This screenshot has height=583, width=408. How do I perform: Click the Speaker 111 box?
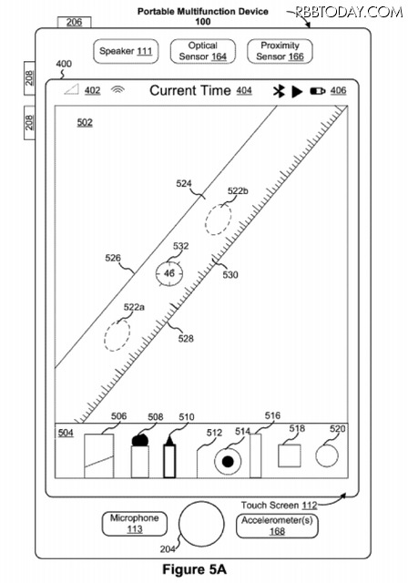[126, 51]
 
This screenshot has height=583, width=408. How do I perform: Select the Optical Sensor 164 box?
[202, 51]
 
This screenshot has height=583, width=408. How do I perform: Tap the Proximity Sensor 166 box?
[280, 51]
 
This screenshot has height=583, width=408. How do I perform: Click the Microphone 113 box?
[134, 524]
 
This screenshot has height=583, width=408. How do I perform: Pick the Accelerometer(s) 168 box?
[277, 526]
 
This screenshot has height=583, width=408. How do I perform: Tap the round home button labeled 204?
[201, 524]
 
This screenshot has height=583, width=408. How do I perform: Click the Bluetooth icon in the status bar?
[279, 91]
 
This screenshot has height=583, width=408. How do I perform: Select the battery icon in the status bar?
[318, 91]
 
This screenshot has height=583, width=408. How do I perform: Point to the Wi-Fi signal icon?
[117, 89]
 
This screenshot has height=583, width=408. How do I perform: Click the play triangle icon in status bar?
[297, 91]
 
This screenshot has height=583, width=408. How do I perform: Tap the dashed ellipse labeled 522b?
[219, 220]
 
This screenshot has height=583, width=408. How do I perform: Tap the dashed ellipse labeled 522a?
[117, 334]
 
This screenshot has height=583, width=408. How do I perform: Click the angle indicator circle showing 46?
[169, 273]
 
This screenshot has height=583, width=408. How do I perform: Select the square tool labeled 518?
[290, 455]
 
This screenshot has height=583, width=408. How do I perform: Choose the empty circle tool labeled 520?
[327, 455]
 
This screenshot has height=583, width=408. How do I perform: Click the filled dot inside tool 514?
[228, 462]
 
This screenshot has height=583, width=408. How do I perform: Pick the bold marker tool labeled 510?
[169, 457]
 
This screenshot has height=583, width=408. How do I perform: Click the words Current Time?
[190, 90]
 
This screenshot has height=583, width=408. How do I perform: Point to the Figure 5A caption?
[194, 569]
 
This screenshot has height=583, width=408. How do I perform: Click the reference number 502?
[85, 122]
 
